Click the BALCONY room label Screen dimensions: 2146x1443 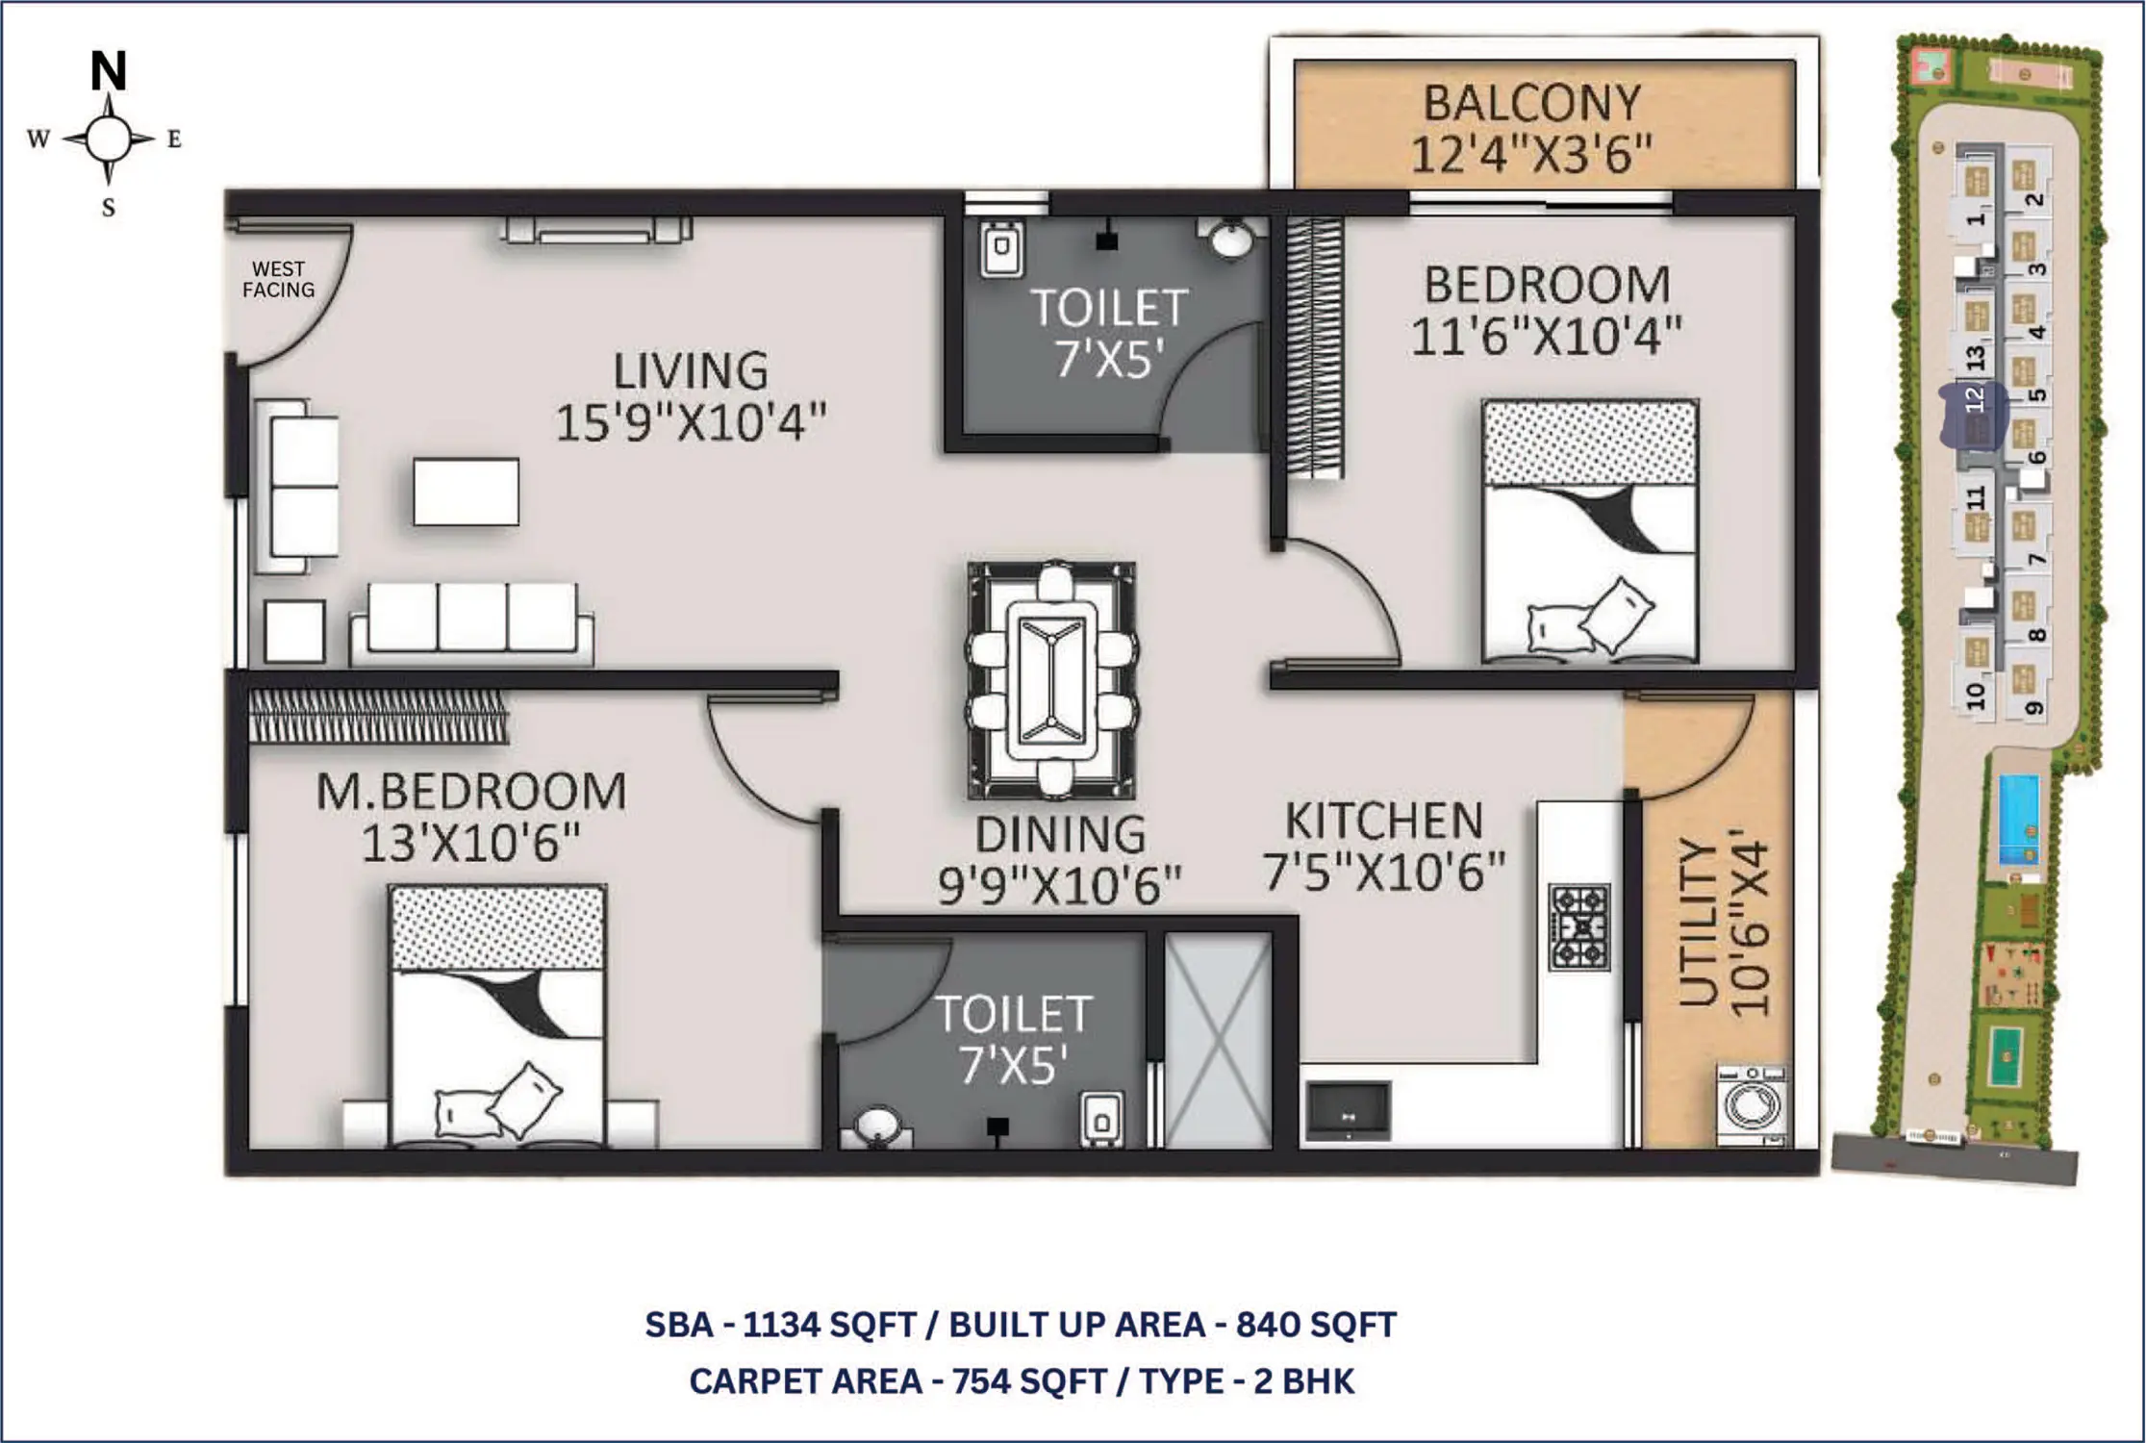pyautogui.click(x=1532, y=103)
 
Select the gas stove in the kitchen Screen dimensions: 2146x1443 pyautogui.click(x=1579, y=927)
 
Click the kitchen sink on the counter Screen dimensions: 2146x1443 pyautogui.click(x=1348, y=1111)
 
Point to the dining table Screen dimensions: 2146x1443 pyautogui.click(x=1051, y=681)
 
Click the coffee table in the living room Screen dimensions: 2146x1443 pyautogui.click(x=467, y=492)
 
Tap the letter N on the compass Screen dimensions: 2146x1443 pyautogui.click(x=109, y=70)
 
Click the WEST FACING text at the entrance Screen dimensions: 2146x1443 pyautogui.click(x=278, y=279)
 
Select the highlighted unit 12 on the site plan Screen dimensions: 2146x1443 pyautogui.click(x=1974, y=415)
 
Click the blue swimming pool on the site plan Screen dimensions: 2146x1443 pyautogui.click(x=2019, y=821)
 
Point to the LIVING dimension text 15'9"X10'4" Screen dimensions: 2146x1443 pyautogui.click(x=691, y=422)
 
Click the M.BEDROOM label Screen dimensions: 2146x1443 pyautogui.click(x=471, y=792)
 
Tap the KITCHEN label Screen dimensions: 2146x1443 pyautogui.click(x=1384, y=822)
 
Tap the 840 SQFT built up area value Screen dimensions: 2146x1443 pyautogui.click(x=1316, y=1325)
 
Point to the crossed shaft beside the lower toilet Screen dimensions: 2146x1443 pyautogui.click(x=1218, y=1040)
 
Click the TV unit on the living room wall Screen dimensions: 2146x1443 pyautogui.click(x=596, y=230)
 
